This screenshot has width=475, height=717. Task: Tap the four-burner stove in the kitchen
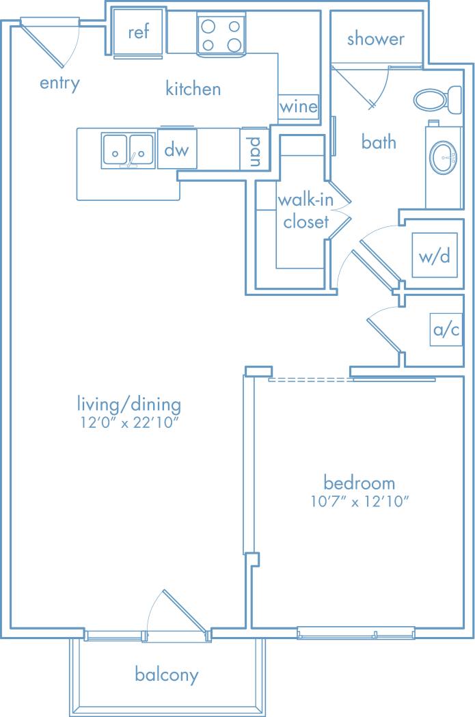click(x=221, y=36)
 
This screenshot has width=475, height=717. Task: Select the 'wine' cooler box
click(x=299, y=107)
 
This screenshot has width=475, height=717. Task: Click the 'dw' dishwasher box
click(x=177, y=149)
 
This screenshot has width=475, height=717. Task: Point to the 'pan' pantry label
click(x=254, y=150)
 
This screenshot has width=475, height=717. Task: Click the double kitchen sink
click(x=128, y=150)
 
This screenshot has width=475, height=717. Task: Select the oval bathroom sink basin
click(x=444, y=159)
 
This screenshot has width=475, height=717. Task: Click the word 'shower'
click(x=375, y=39)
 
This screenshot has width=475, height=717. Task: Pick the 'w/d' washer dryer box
click(x=435, y=256)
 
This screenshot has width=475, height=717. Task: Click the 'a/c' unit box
click(x=446, y=331)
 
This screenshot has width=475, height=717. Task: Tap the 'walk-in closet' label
click(x=303, y=211)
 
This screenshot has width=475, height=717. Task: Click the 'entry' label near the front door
click(x=59, y=83)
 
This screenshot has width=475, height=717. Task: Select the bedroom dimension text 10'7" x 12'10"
click(x=359, y=502)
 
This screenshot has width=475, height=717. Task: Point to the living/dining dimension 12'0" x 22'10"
click(x=128, y=422)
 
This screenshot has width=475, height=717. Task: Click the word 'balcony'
click(x=167, y=675)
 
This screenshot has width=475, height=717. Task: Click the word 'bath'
click(x=379, y=142)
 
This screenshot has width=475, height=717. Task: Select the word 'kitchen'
click(x=193, y=89)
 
